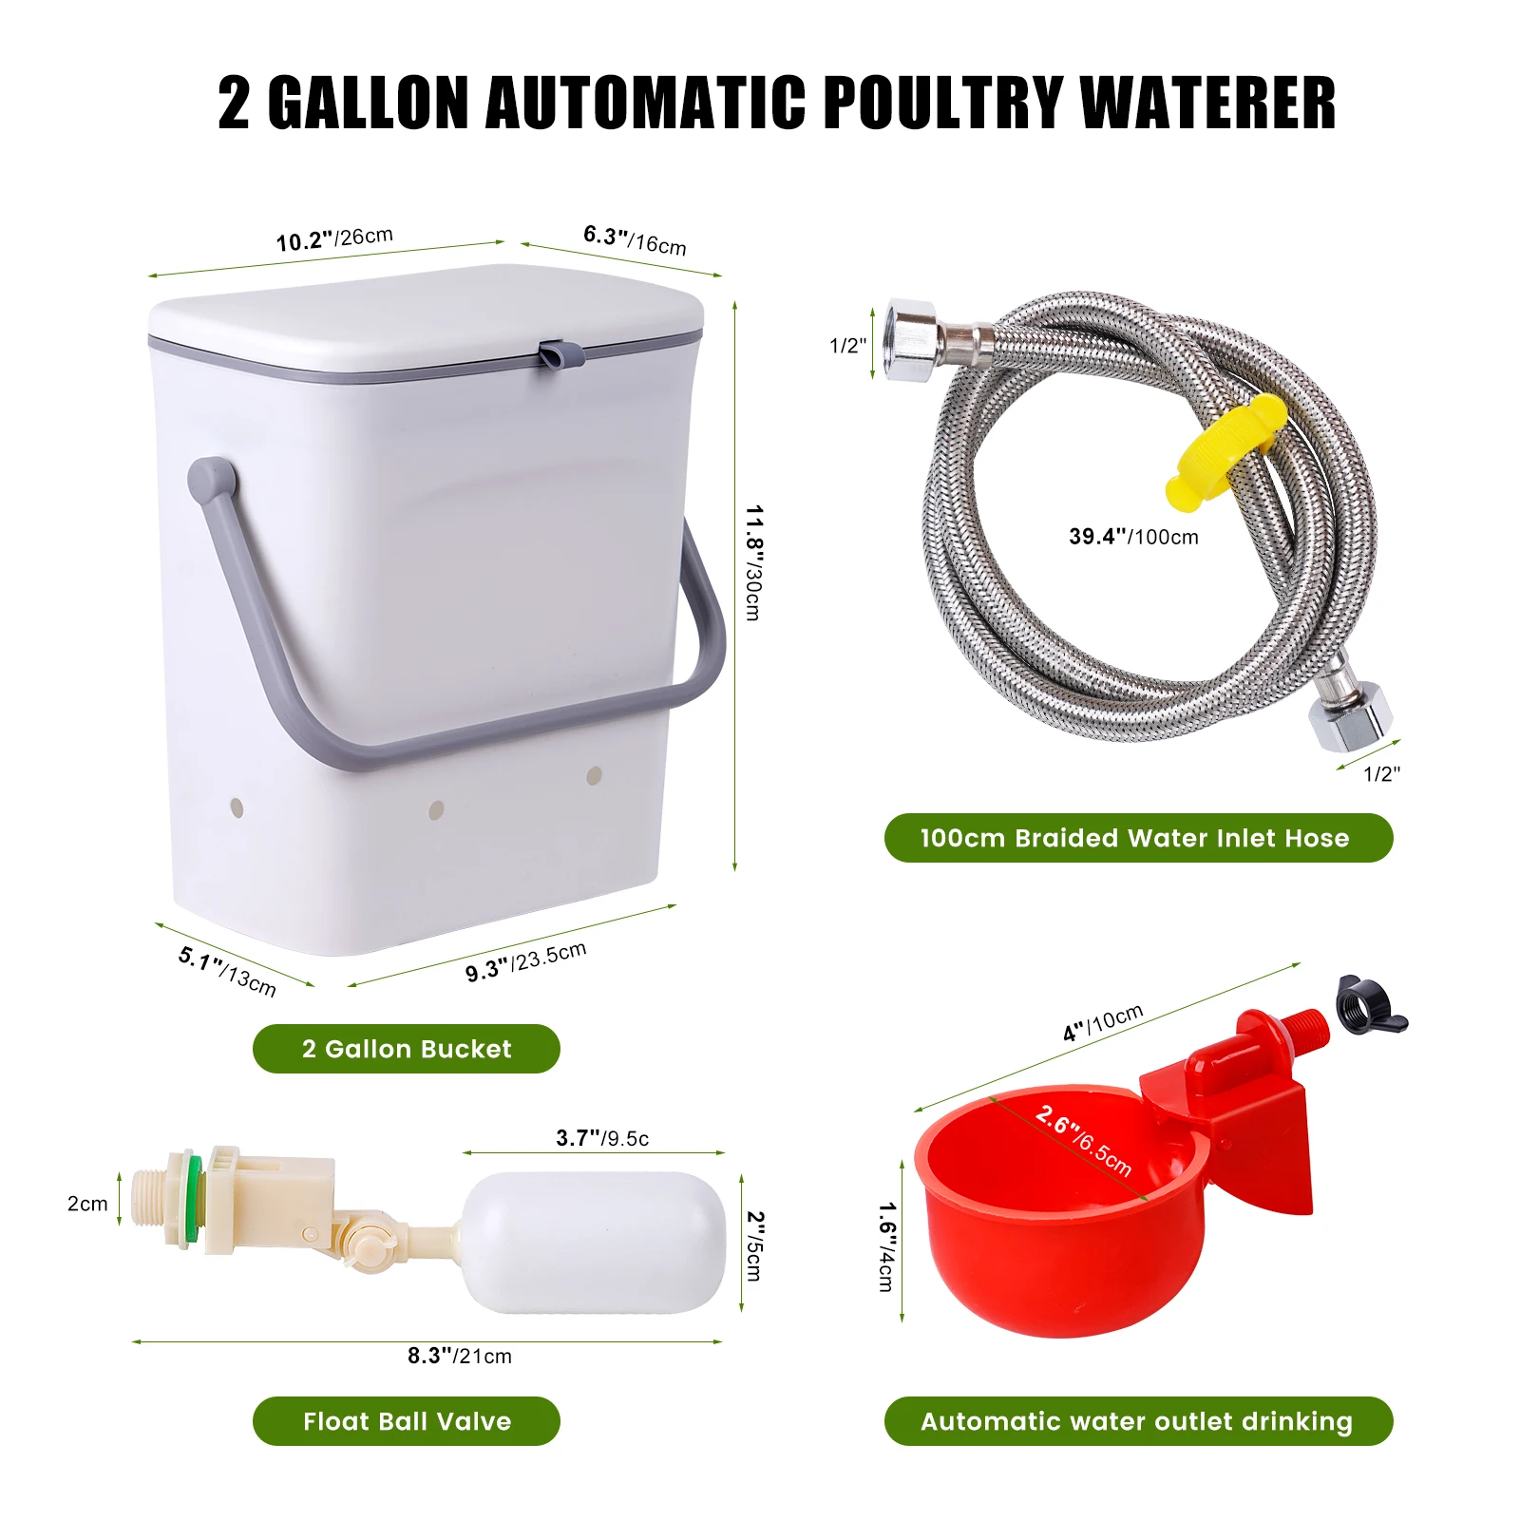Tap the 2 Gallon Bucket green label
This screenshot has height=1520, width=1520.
coord(407,1049)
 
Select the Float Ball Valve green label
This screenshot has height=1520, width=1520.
coord(407,1421)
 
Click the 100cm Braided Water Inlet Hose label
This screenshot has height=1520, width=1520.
coord(1138,838)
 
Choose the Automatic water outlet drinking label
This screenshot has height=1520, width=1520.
coord(1138,1421)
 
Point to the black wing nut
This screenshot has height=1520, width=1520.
coord(1369,1007)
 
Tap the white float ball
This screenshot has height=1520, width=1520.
coord(594,1243)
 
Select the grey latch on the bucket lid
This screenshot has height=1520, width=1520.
coord(559,354)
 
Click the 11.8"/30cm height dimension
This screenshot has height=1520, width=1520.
coord(752,563)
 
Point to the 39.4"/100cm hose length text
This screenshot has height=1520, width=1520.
coord(1133,537)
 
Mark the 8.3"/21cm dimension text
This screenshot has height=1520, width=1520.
coord(460,1356)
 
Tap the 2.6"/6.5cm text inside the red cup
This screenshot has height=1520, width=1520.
coord(1084,1140)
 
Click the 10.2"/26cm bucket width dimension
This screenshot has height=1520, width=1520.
coord(334,239)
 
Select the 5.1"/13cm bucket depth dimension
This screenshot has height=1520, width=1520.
coord(227,972)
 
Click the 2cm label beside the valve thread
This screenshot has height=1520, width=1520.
coord(87,1204)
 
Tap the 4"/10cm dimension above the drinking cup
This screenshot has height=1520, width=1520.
coord(1103,1023)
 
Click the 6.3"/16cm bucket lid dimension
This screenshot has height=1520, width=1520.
coord(635,240)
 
